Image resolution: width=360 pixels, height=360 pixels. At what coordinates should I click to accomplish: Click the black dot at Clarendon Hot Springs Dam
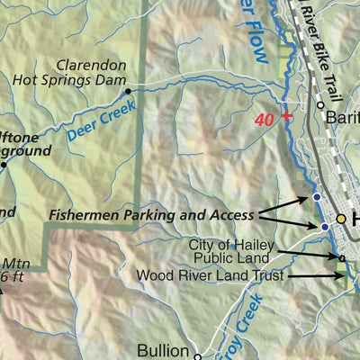(128, 91)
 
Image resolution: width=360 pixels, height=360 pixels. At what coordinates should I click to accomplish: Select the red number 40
(265, 117)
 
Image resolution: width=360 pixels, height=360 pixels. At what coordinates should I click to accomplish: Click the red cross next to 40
(286, 115)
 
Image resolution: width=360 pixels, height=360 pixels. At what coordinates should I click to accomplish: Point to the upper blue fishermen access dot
(316, 196)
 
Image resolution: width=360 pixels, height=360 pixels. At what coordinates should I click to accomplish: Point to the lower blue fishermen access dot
(325, 227)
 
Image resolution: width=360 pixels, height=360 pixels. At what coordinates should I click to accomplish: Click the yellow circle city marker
(341, 219)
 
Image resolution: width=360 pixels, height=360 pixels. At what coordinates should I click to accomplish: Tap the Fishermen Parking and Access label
(150, 215)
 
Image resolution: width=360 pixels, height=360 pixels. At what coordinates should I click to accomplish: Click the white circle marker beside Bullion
(197, 350)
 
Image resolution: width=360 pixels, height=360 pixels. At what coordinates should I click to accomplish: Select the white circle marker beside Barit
(320, 105)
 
